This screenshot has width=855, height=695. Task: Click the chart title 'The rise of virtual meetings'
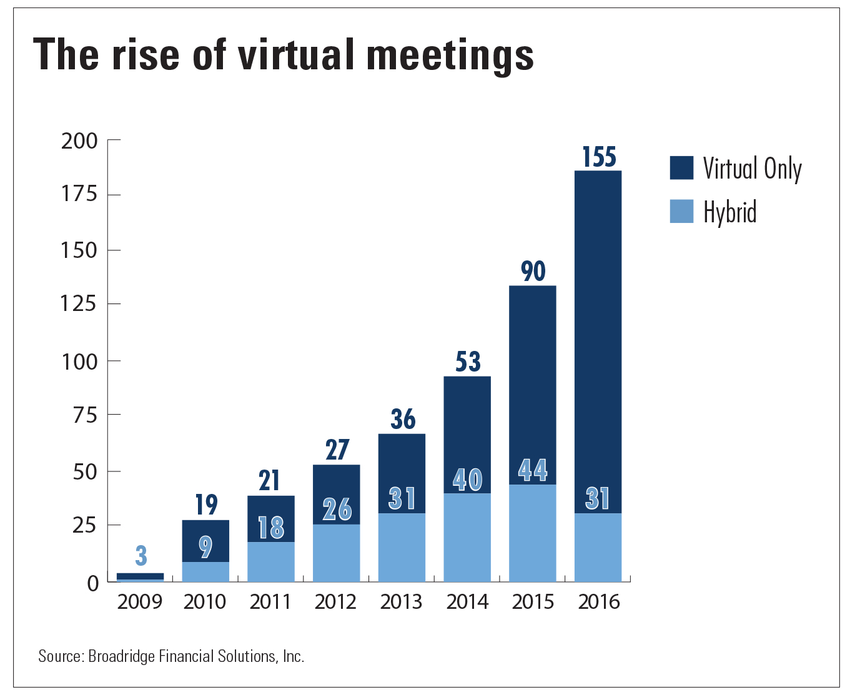pyautogui.click(x=283, y=55)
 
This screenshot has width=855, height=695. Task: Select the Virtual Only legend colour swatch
pyautogui.click(x=681, y=168)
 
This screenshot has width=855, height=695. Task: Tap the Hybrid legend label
pyautogui.click(x=729, y=212)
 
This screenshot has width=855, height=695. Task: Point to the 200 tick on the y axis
pyautogui.click(x=79, y=141)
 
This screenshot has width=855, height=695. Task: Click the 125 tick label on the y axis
pyautogui.click(x=79, y=304)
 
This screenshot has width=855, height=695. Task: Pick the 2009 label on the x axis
pyautogui.click(x=140, y=602)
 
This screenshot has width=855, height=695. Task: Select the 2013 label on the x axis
pyautogui.click(x=402, y=602)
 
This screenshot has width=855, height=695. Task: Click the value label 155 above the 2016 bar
pyautogui.click(x=599, y=157)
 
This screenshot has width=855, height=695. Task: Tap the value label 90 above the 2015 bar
pyautogui.click(x=533, y=272)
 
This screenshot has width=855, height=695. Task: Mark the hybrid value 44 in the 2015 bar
pyautogui.click(x=533, y=470)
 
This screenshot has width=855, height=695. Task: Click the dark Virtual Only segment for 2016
pyautogui.click(x=598, y=325)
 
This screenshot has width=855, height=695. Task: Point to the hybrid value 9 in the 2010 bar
pyautogui.click(x=205, y=547)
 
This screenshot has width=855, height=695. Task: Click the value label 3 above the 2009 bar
pyautogui.click(x=141, y=556)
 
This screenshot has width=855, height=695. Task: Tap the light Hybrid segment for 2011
pyautogui.click(x=271, y=562)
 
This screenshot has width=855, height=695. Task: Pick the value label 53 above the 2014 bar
pyautogui.click(x=468, y=362)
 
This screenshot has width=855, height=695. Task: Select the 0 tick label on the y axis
pyautogui.click(x=93, y=583)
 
